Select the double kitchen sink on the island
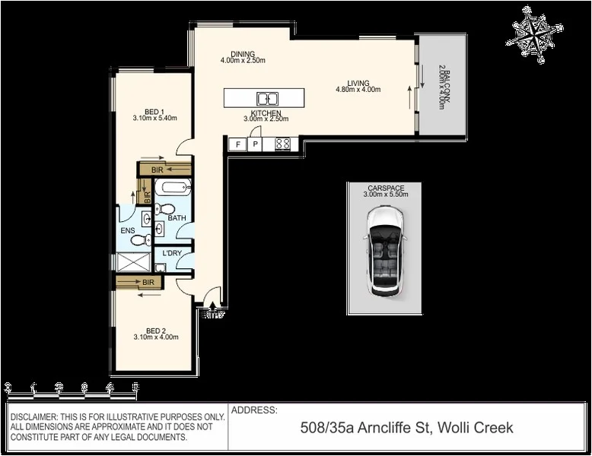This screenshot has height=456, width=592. (267, 98)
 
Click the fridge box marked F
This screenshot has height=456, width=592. (238, 144)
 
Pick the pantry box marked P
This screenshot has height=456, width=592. (255, 144)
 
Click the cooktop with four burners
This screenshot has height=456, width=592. (282, 143)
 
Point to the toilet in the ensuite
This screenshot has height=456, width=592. (137, 240)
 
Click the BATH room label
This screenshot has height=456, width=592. (177, 218)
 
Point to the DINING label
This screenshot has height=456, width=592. (242, 53)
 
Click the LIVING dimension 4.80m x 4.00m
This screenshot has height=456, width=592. (358, 90)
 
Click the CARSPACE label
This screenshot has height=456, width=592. (387, 187)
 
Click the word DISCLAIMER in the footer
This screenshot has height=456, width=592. (36, 417)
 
